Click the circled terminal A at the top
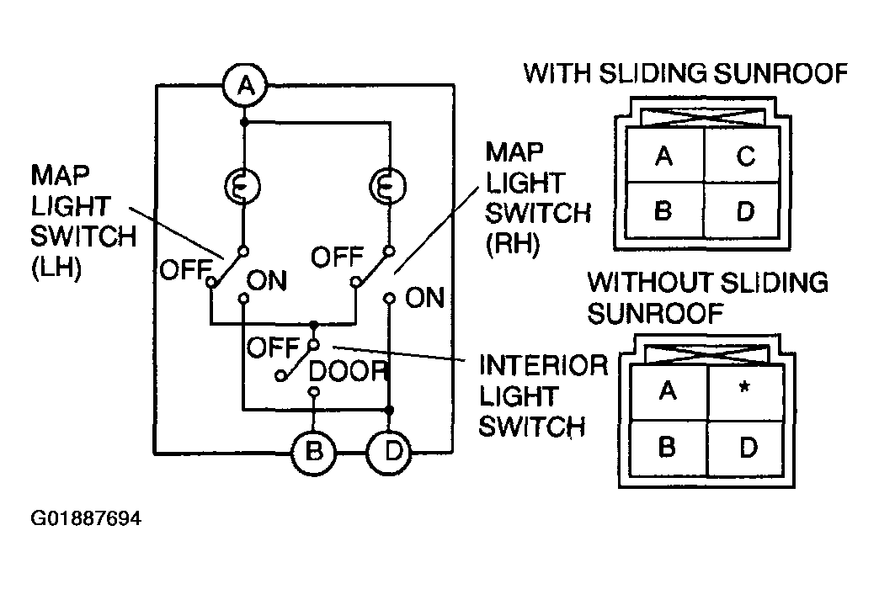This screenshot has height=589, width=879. (x=245, y=86)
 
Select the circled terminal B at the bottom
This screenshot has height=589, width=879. (x=313, y=452)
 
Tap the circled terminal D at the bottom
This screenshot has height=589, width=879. (x=389, y=452)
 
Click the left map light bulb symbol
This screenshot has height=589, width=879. (x=242, y=186)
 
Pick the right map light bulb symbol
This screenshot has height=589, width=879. (x=388, y=186)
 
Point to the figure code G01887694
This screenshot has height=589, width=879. (x=86, y=518)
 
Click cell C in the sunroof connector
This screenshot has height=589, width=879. (x=742, y=155)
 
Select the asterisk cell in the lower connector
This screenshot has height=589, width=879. (x=746, y=393)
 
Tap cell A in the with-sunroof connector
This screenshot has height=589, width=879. (x=665, y=155)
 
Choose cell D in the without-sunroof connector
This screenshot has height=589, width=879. (x=746, y=448)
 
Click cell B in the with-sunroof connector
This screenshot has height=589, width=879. (x=665, y=210)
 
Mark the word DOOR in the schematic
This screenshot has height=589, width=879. (x=348, y=371)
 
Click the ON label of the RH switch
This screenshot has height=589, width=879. (x=424, y=298)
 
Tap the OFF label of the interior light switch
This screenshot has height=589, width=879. (x=274, y=348)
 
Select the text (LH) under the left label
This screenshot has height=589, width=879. (x=56, y=268)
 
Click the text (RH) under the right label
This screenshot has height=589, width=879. (x=513, y=243)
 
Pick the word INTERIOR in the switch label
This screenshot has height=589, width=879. (x=543, y=365)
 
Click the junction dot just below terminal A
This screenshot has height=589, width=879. (x=244, y=122)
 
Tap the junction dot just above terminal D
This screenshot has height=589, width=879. (x=389, y=411)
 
